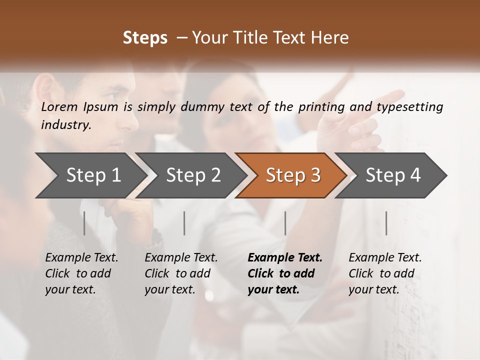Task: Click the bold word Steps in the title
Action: pos(145,38)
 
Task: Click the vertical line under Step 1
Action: pos(84,223)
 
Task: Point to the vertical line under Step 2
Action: pos(184,223)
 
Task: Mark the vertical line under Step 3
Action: pos(285,223)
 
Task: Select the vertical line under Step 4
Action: pos(386,223)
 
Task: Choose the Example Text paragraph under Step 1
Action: pos(81,273)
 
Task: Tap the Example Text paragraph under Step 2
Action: pos(181,273)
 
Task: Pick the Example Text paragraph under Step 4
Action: pos(385,273)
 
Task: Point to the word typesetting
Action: pos(413,107)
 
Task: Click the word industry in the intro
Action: pos(66,125)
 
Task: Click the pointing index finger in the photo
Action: pos(387,97)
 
